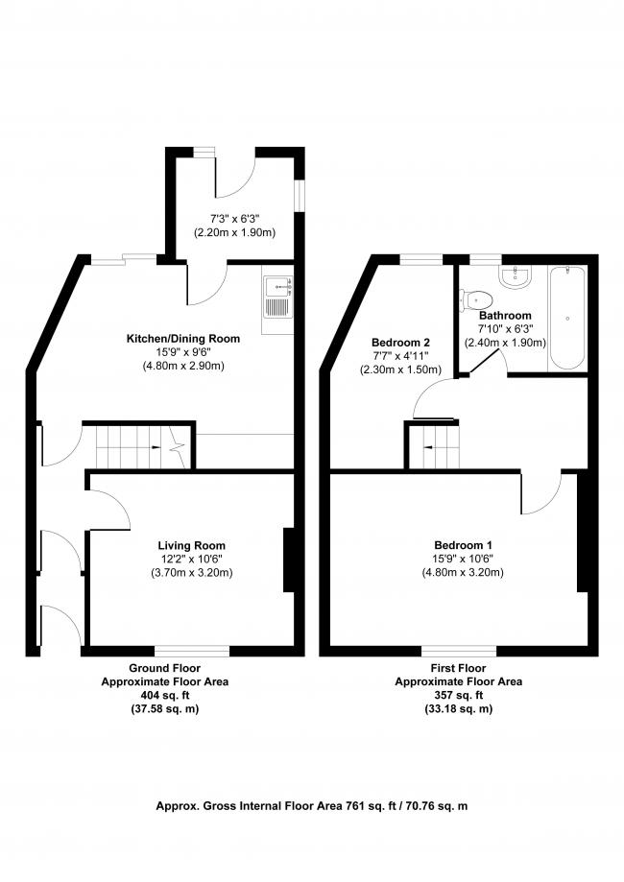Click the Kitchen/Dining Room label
pyautogui.click(x=183, y=339)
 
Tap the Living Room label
pyautogui.click(x=192, y=546)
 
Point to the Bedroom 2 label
pyautogui.click(x=400, y=343)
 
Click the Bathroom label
pyautogui.click(x=505, y=315)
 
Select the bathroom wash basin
pyautogui.click(x=516, y=276)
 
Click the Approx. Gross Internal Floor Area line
pyautogui.click(x=312, y=807)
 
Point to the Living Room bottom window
pyautogui.click(x=193, y=650)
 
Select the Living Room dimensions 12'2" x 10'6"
pyautogui.click(x=192, y=560)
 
